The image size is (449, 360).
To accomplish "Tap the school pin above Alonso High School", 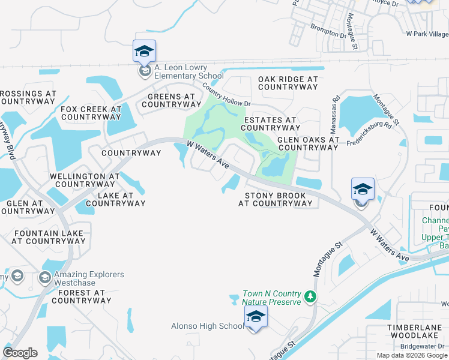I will tap(255, 316).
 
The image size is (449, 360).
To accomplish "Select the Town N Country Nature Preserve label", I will tap(271, 298).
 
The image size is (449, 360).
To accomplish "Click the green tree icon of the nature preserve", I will tap(310, 296).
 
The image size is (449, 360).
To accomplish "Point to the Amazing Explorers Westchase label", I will tap(89, 278).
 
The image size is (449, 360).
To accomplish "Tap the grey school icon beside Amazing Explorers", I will tap(44, 278).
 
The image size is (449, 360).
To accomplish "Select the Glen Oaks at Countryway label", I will tap(308, 143).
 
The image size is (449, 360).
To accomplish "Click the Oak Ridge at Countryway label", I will tap(288, 83).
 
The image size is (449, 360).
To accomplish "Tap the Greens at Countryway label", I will tap(171, 100).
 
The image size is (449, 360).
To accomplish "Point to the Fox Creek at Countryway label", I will tap(91, 113).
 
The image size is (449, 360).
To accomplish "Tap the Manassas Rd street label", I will tap(334, 115).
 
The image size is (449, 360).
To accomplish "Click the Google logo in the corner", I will tap(20, 353).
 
